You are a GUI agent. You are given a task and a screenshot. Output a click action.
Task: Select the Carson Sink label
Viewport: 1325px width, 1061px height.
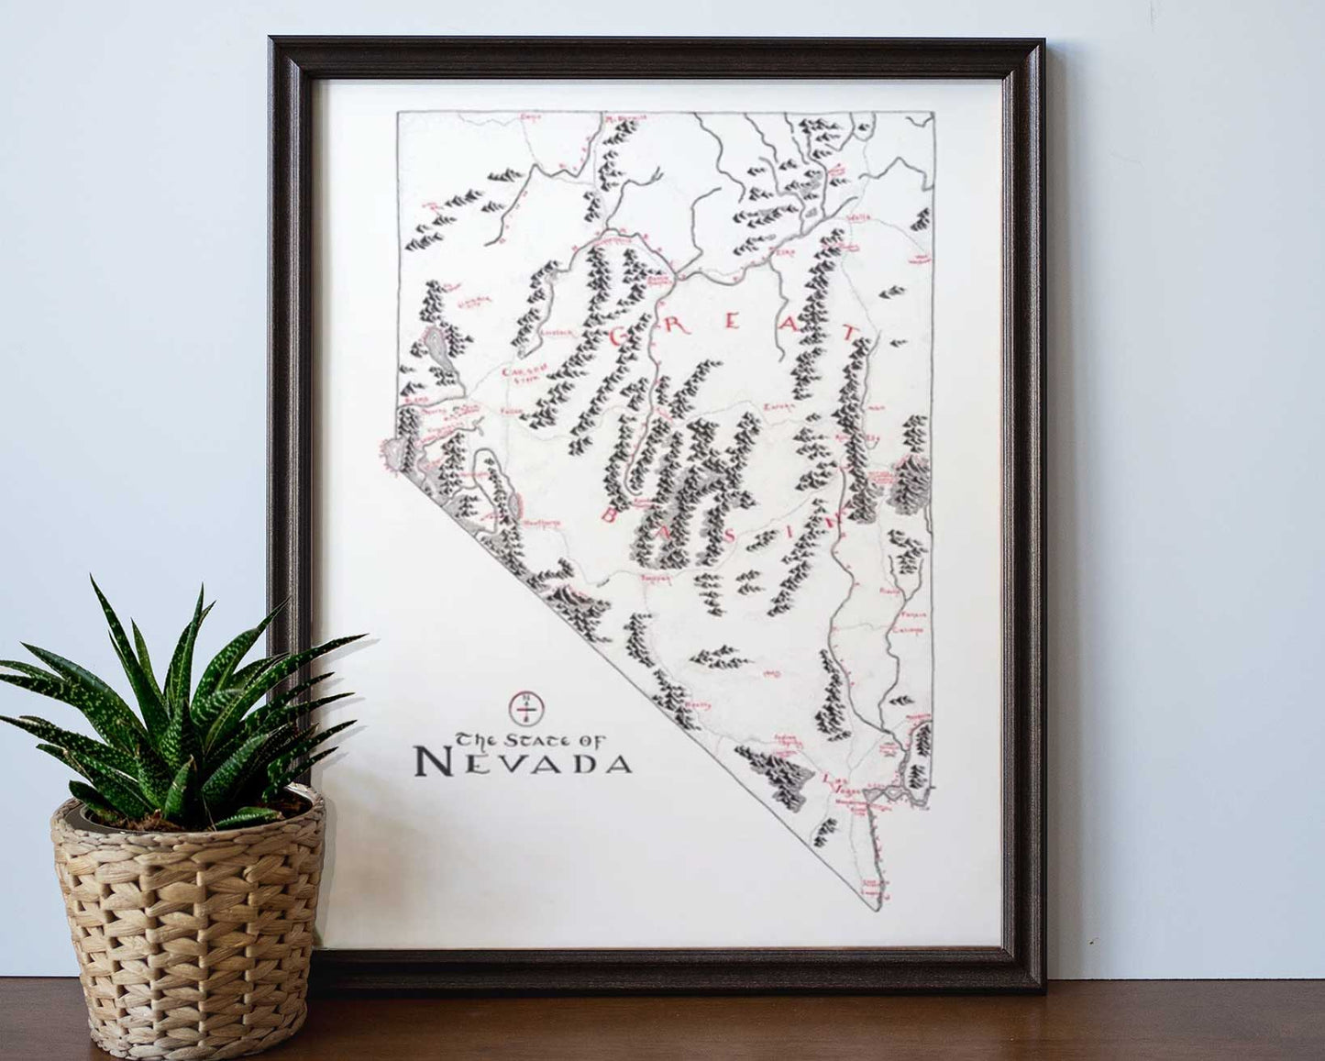(x=519, y=373)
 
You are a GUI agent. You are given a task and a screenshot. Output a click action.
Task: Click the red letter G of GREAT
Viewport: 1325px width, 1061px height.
(x=617, y=337)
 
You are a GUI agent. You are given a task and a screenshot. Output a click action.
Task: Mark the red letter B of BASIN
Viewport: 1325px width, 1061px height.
(x=608, y=515)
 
